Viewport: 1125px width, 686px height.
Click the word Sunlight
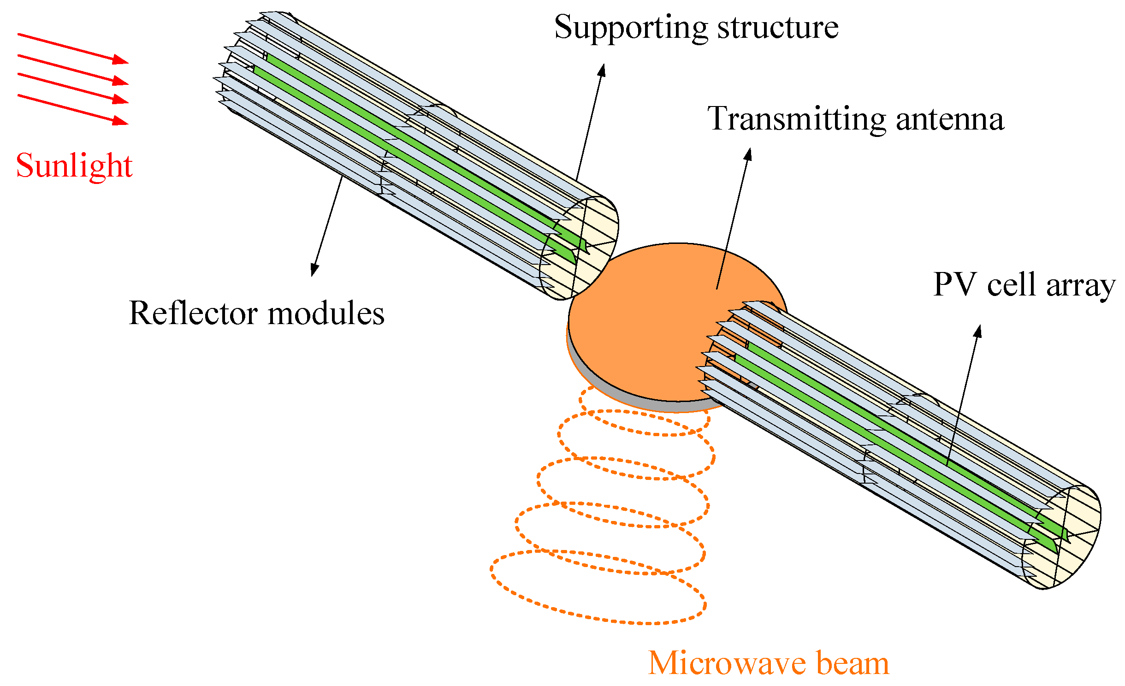(x=74, y=166)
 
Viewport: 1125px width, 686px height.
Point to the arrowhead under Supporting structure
(x=602, y=70)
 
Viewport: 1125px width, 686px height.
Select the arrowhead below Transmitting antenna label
(x=748, y=154)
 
